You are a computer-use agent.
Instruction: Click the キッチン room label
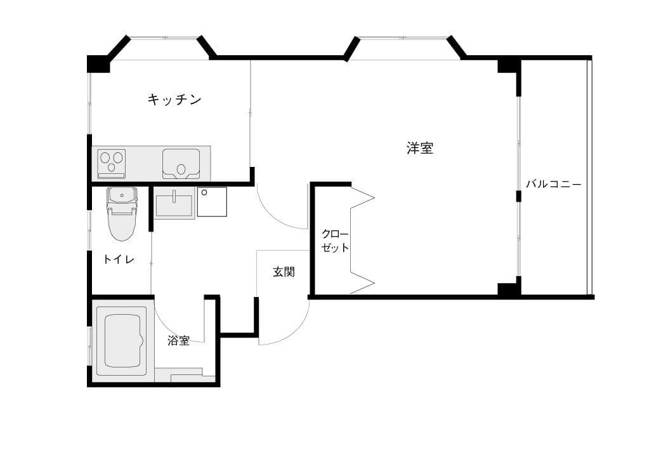point(174,100)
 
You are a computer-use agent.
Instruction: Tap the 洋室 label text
point(420,148)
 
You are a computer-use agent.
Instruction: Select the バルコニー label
point(554,184)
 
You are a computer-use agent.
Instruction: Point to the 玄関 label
point(284,272)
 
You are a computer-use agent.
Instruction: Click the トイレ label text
point(119,260)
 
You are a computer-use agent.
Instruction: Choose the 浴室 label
point(179,341)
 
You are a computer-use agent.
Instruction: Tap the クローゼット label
point(335,241)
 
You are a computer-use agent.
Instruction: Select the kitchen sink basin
point(181,164)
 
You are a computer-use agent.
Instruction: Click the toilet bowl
point(122,225)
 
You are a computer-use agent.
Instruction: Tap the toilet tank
point(122,196)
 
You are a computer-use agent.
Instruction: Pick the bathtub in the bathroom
point(122,341)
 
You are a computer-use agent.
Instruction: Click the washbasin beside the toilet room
point(174,203)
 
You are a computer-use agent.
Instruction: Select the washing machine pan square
point(212,202)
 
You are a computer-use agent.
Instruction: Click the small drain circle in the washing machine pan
point(204,192)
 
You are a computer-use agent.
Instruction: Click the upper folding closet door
point(362,198)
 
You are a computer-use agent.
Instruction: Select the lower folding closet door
point(362,283)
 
